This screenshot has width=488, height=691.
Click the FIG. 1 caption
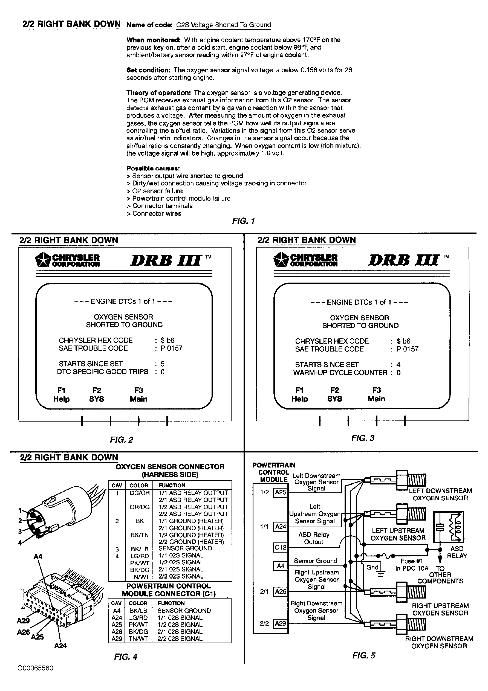point(243,221)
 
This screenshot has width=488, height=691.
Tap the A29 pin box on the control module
point(280,623)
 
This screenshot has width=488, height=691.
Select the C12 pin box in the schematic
point(280,547)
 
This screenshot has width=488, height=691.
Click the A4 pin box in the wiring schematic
point(280,566)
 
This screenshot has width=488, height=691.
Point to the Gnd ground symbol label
point(372,567)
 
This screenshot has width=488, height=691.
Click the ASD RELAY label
point(457,552)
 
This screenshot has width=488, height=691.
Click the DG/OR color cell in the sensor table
point(139,493)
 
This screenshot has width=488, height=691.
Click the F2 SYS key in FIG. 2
point(97,394)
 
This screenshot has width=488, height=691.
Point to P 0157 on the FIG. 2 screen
point(171,348)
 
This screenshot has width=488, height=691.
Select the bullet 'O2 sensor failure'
point(157,191)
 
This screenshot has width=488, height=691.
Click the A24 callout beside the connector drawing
point(60,645)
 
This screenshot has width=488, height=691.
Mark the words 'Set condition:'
point(148,70)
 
